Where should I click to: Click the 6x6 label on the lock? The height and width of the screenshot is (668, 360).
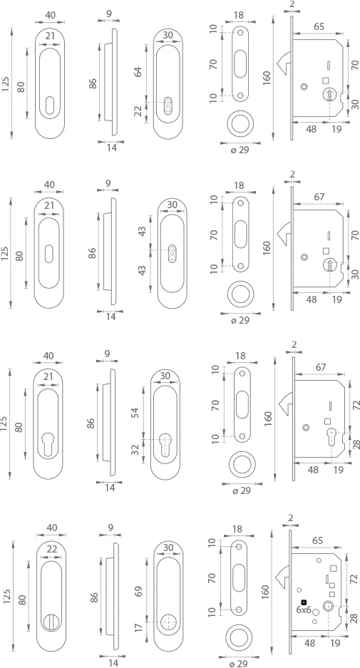click(304, 610)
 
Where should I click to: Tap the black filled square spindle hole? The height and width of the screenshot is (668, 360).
click(304, 602)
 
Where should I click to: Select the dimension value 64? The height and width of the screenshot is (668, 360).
click(138, 71)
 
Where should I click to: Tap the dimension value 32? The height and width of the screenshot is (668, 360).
click(135, 450)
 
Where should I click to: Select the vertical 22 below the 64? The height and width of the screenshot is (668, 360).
click(138, 112)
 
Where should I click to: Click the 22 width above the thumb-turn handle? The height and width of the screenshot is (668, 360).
click(52, 550)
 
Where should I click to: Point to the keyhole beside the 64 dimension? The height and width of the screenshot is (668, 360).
click(168, 104)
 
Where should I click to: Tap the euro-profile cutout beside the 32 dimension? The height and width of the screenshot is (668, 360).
click(165, 442)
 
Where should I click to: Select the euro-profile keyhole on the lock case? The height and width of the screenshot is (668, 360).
click(331, 436)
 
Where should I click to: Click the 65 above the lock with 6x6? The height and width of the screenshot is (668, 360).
click(317, 540)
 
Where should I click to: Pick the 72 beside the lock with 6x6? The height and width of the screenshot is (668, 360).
click(355, 579)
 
